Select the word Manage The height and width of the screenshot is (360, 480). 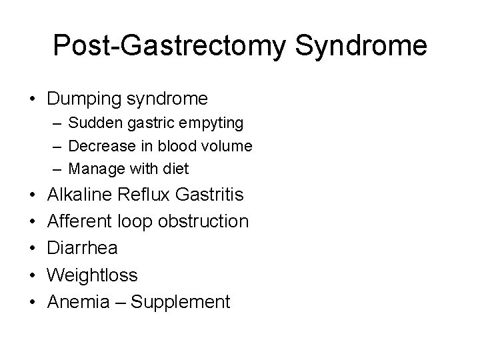pyautogui.click(x=94, y=169)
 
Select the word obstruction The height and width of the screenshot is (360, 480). pyautogui.click(x=203, y=221)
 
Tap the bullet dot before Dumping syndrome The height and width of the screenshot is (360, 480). pyautogui.click(x=32, y=100)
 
